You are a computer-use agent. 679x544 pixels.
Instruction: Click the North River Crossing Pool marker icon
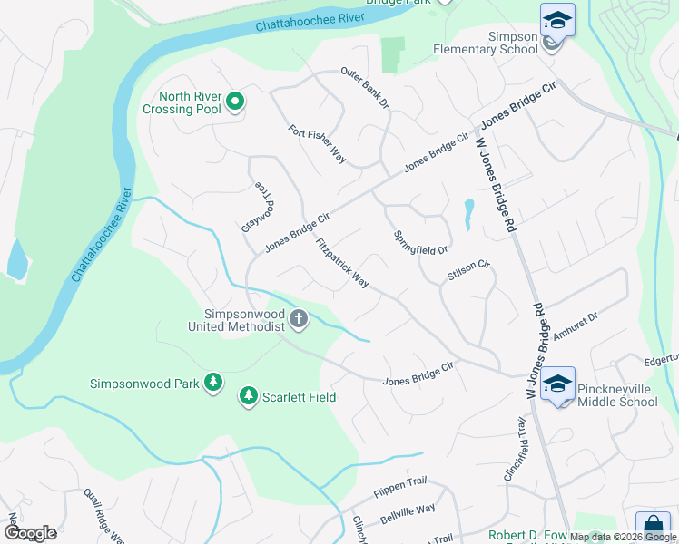tap(235, 102)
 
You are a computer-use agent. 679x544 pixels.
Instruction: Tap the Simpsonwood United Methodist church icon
tap(299, 318)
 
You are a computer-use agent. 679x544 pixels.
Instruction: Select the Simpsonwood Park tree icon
tap(213, 384)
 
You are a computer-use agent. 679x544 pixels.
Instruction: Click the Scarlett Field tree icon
tap(248, 397)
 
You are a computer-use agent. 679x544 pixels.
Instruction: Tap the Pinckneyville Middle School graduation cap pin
tap(557, 384)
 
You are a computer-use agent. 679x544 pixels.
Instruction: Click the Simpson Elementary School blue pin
tap(557, 20)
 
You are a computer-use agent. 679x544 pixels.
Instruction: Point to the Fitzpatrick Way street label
tap(342, 263)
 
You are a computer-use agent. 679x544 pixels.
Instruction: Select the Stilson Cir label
tap(468, 269)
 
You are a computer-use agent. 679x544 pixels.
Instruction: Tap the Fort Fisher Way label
tap(318, 144)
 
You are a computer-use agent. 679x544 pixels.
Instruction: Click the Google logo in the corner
tap(29, 533)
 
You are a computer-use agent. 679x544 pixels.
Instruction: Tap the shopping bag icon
tap(652, 526)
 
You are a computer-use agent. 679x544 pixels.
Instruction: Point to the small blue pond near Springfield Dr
tap(468, 214)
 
